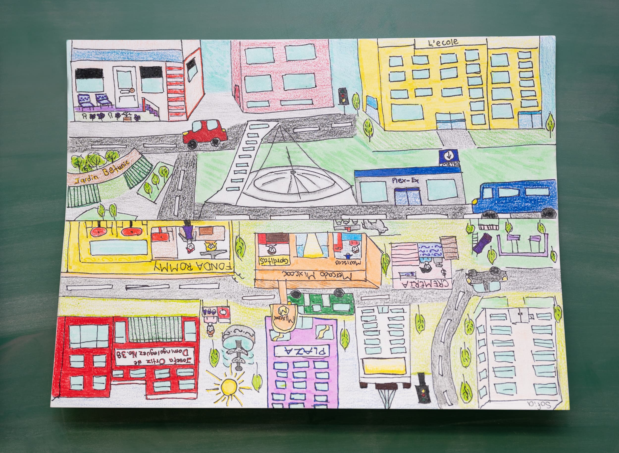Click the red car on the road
click(x=205, y=133)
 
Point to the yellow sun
click(x=228, y=387)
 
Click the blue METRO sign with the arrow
click(x=449, y=158)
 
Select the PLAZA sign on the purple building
click(x=304, y=351)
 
